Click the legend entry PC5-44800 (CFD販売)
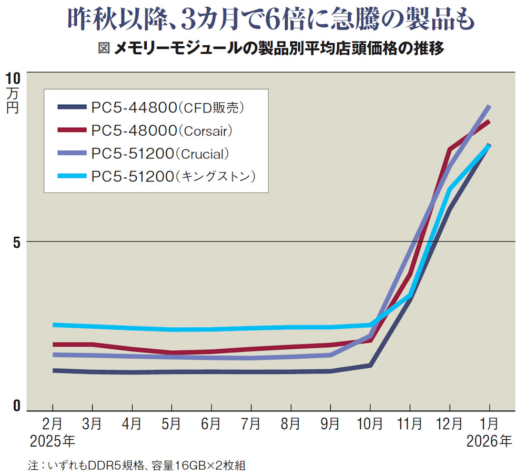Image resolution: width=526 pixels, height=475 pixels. [151, 107]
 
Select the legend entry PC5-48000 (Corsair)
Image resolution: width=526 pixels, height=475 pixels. [145, 130]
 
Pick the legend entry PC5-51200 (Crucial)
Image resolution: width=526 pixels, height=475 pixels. [144, 153]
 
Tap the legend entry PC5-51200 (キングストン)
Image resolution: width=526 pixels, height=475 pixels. [157, 176]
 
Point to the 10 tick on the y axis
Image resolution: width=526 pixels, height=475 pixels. [13, 78]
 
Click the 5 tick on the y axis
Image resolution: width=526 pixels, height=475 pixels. [17, 242]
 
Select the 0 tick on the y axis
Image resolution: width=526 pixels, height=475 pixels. [17, 406]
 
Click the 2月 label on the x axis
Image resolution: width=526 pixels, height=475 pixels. [52, 423]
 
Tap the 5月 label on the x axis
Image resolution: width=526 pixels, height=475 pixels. [171, 423]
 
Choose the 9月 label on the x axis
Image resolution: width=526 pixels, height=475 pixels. [330, 423]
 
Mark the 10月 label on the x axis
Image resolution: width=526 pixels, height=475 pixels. [370, 423]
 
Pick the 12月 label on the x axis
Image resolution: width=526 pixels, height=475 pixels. [450, 423]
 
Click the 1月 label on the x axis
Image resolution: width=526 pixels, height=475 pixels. [489, 423]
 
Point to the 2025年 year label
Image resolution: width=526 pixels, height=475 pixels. [53, 441]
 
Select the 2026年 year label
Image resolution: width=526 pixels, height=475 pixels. [489, 441]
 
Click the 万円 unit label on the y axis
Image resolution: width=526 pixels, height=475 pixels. [13, 100]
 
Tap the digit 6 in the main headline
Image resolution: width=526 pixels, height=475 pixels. [272, 19]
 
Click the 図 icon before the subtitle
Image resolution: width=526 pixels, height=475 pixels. [104, 48]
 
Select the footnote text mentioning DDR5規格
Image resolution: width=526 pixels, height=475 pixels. [137, 466]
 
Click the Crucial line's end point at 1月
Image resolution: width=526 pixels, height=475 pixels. [489, 106]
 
